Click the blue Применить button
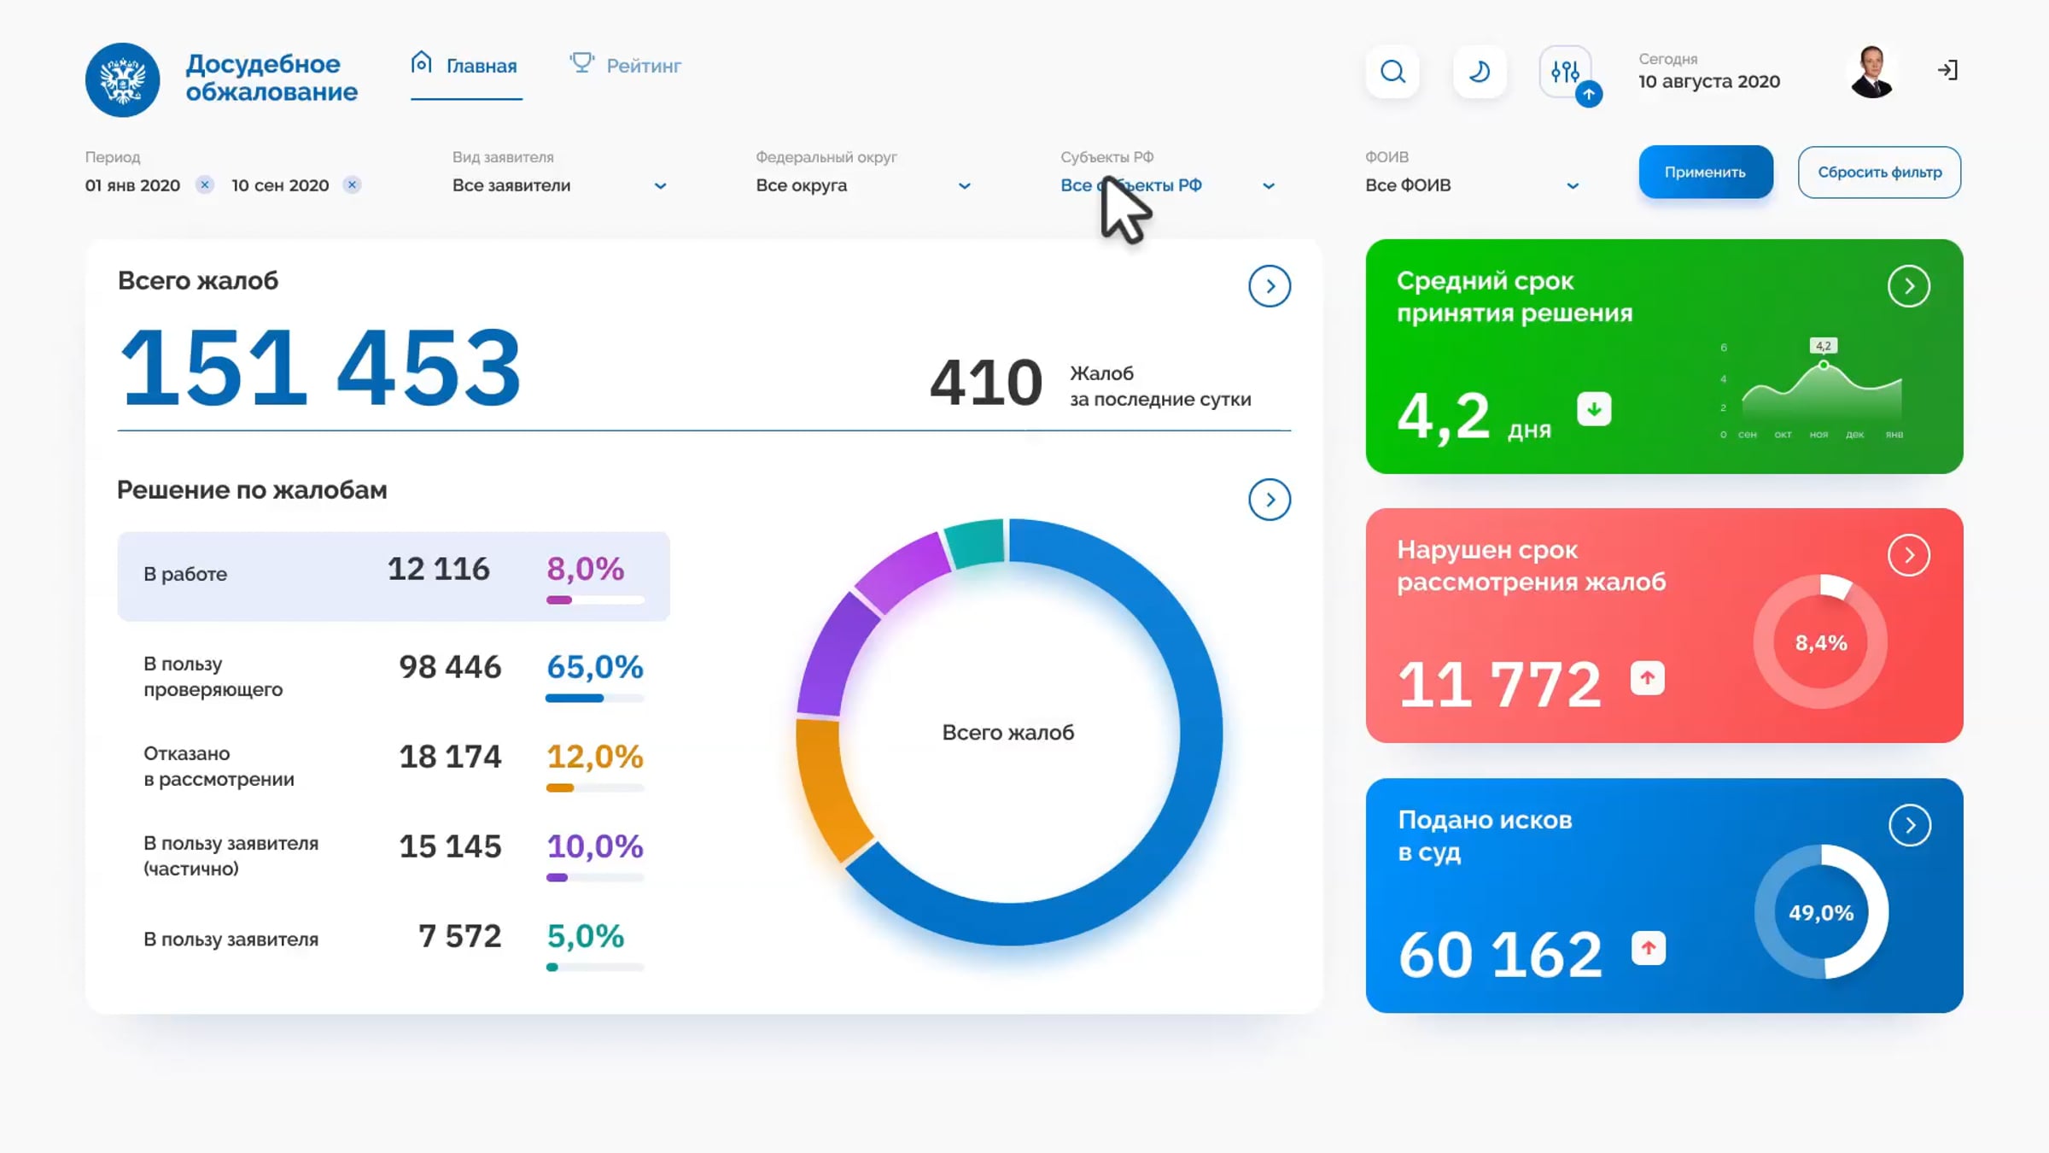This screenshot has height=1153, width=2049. point(1705,172)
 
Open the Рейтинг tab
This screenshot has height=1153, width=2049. point(626,65)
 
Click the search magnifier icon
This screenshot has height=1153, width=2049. point(1392,72)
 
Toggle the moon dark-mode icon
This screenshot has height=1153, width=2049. point(1480,72)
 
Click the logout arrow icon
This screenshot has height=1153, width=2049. point(1947,70)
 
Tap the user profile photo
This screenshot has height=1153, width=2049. point(1871,72)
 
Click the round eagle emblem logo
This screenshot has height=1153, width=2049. point(122,79)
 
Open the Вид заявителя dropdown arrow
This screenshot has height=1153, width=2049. point(660,186)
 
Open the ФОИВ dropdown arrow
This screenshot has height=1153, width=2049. point(1573,186)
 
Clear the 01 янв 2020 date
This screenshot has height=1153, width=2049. point(204,184)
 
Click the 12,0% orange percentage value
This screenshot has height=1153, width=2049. point(594,756)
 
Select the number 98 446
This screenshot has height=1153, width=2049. point(450,666)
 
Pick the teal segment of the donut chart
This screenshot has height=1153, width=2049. point(976,541)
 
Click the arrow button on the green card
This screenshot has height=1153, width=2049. point(1909,286)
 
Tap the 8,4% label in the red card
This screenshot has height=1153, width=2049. point(1821,642)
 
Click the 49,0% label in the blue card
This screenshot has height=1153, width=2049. point(1821,912)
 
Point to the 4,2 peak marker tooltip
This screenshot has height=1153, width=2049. point(1824,346)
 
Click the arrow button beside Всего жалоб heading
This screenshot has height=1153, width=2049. point(1270,286)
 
